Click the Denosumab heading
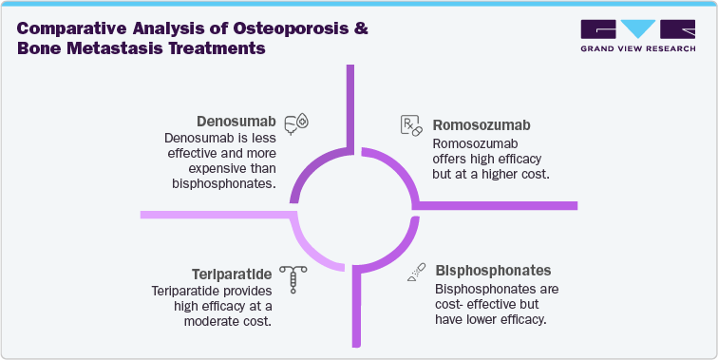pos(237,123)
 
